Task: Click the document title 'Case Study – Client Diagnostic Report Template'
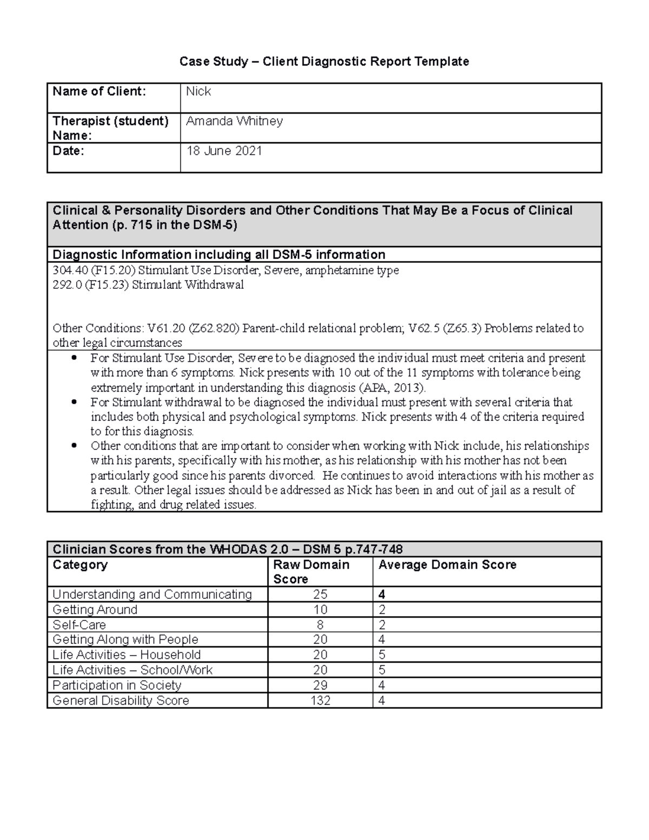pyautogui.click(x=324, y=62)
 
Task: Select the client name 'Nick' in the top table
pyautogui.click(x=198, y=91)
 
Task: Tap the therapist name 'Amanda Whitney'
pyautogui.click(x=234, y=121)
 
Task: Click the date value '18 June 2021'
pyautogui.click(x=224, y=151)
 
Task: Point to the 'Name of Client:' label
pyautogui.click(x=99, y=91)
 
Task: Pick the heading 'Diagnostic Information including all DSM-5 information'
pyautogui.click(x=218, y=255)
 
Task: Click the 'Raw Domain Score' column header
pyautogui.click(x=311, y=572)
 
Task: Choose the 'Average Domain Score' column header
pyautogui.click(x=447, y=565)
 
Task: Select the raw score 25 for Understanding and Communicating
pyautogui.click(x=320, y=594)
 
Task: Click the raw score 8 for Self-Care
pyautogui.click(x=320, y=625)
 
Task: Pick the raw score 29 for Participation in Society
pyautogui.click(x=320, y=685)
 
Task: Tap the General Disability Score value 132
pyautogui.click(x=320, y=700)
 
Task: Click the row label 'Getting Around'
pyautogui.click(x=95, y=610)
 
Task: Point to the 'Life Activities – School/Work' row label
pyautogui.click(x=133, y=670)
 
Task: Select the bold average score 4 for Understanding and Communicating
pyautogui.click(x=382, y=594)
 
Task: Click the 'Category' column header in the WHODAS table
pyautogui.click(x=80, y=565)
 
